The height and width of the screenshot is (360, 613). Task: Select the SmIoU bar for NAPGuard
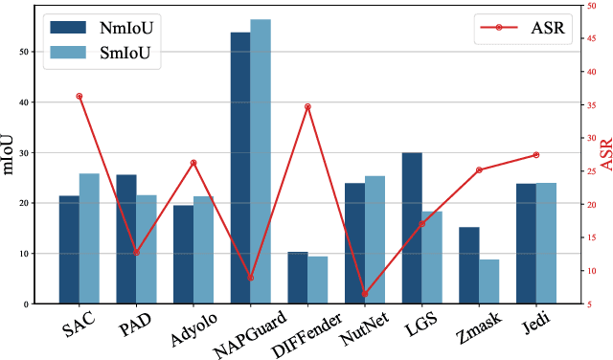[260, 162]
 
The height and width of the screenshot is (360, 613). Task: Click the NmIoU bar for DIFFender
[298, 278]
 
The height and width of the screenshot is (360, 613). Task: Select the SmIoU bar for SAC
[88, 238]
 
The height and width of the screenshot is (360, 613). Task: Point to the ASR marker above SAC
[79, 96]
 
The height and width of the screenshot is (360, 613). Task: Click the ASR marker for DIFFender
[307, 106]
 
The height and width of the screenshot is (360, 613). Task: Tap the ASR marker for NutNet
[365, 294]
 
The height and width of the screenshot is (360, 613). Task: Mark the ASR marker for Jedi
[536, 155]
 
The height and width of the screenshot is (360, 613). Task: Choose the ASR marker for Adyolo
[193, 163]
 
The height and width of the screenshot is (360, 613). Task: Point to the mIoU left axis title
[11, 154]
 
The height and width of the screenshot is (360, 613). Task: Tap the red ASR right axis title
[603, 154]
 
